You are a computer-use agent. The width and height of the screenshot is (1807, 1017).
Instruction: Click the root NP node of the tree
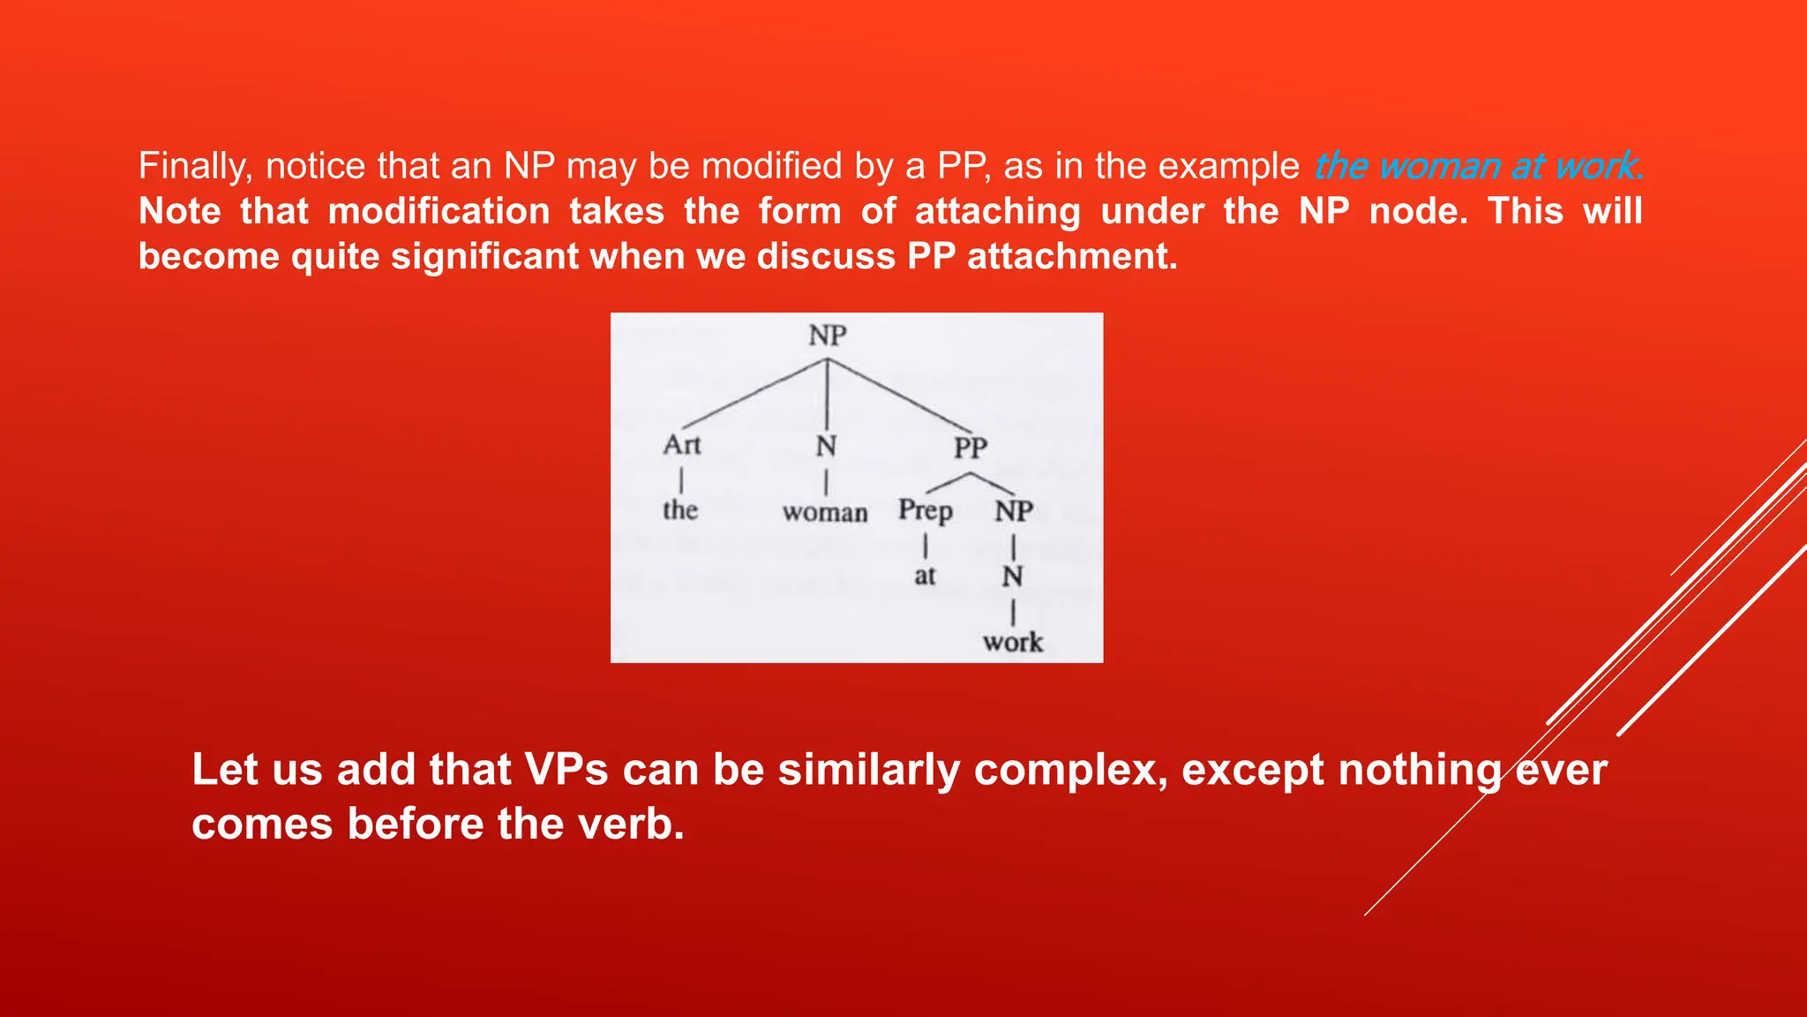827,335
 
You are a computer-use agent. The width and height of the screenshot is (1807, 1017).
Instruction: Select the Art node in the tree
682,444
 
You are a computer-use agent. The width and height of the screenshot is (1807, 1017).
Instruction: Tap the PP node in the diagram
970,448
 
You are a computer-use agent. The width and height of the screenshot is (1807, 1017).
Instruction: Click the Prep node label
925,511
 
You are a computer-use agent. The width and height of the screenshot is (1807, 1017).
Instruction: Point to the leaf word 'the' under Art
680,510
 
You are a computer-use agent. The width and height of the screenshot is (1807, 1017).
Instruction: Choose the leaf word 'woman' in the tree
825,512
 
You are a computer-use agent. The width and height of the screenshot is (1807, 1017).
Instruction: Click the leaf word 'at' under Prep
925,576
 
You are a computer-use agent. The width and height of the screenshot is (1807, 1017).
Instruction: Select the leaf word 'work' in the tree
1013,642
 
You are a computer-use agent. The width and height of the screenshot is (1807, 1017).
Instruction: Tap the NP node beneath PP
1014,511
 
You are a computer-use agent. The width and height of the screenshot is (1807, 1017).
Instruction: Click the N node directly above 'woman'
826,447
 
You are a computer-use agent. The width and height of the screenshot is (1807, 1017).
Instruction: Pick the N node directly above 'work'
1012,576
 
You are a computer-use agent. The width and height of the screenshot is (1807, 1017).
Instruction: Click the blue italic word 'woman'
1439,166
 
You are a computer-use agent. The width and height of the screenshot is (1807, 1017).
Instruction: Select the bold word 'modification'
439,211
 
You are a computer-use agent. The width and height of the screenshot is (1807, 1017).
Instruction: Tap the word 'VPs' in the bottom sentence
566,769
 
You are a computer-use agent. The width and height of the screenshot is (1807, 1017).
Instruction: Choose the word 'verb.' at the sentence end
631,824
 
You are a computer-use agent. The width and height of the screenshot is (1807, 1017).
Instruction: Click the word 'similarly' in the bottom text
868,769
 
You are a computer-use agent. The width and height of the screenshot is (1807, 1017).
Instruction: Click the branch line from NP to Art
754,394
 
